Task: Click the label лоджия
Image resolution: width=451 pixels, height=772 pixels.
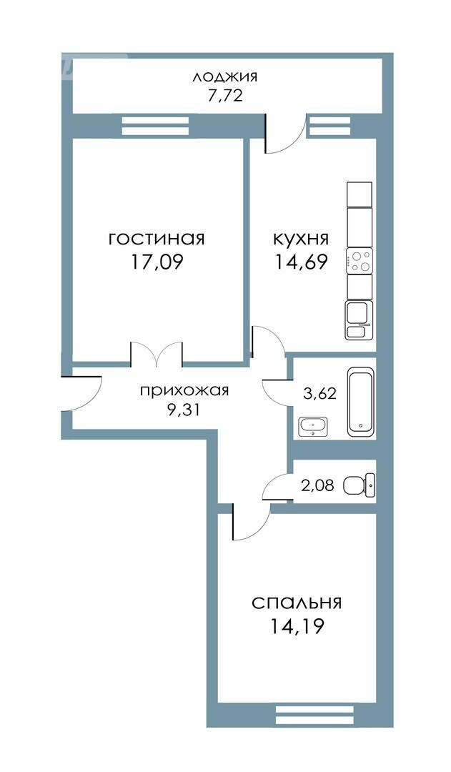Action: click(225, 77)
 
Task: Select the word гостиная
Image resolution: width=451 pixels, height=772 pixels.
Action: click(157, 239)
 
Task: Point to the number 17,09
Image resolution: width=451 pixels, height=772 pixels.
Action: click(157, 262)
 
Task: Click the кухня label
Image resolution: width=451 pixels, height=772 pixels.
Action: click(301, 239)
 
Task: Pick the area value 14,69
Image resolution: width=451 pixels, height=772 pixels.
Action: click(302, 262)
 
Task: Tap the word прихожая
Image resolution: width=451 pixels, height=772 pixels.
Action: click(184, 391)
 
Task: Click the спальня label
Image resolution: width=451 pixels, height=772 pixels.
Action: click(297, 603)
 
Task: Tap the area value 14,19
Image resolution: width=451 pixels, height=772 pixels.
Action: click(297, 626)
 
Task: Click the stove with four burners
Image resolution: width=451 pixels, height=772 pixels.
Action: click(360, 260)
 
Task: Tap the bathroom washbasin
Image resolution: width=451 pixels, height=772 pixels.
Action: click(313, 426)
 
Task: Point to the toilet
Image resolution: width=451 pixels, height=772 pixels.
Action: click(359, 485)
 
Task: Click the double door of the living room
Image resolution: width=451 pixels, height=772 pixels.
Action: click(157, 354)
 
